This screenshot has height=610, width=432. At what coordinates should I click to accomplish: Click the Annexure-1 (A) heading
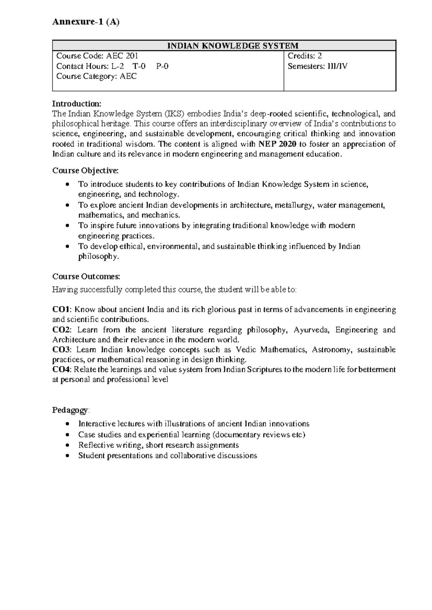(x=86, y=22)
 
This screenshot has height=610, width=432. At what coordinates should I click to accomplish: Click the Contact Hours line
(x=112, y=66)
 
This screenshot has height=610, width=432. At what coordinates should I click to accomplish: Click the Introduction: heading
(x=77, y=104)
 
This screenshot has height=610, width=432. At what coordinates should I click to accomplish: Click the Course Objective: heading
(x=85, y=170)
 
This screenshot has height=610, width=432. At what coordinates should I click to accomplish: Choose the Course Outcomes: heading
(x=86, y=277)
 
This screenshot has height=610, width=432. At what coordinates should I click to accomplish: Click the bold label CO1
(x=62, y=310)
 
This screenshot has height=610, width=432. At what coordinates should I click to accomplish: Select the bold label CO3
(x=62, y=350)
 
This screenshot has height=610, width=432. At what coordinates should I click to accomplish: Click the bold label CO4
(x=62, y=370)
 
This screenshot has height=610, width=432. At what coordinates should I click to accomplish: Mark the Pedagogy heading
(x=70, y=410)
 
